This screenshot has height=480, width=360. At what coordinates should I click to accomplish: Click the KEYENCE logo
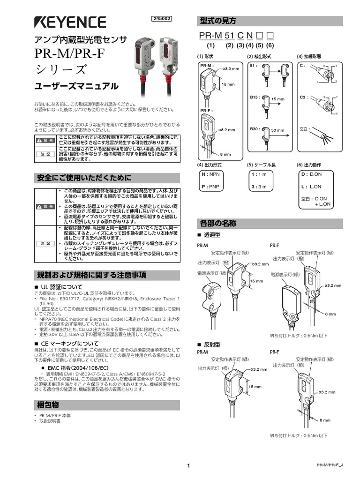click(70, 22)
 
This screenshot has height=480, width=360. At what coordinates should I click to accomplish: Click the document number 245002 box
click(162, 19)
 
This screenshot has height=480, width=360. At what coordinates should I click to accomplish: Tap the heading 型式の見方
click(218, 21)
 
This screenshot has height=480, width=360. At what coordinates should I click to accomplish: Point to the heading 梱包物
click(48, 404)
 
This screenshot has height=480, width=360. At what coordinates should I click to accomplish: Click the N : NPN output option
click(210, 174)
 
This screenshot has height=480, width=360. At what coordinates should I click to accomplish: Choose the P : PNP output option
click(210, 186)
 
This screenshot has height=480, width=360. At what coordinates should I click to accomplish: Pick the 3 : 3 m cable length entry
click(259, 186)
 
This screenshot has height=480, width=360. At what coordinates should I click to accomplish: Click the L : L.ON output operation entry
click(311, 186)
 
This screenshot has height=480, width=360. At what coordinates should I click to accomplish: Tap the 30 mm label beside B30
click(277, 130)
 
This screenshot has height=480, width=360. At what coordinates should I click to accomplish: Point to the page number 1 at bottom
click(188, 465)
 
